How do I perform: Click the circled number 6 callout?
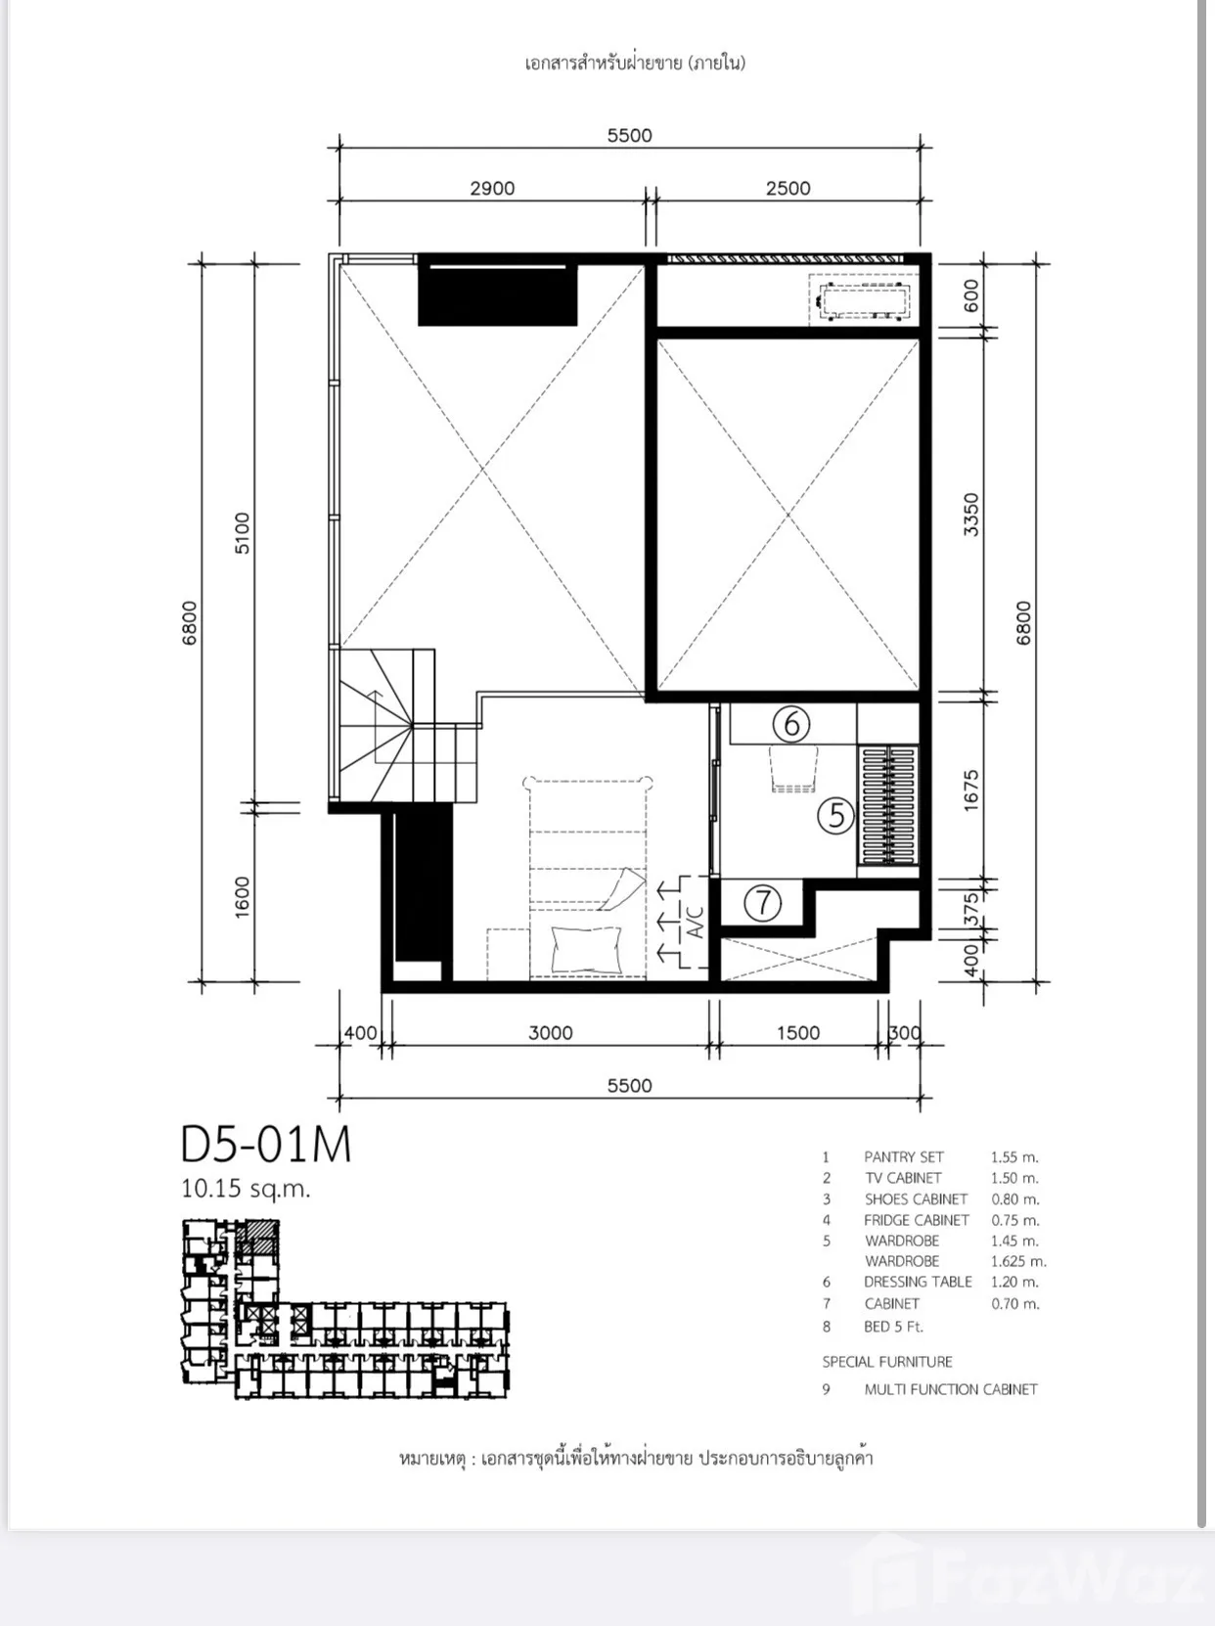pos(790,724)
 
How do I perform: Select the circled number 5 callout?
pos(835,816)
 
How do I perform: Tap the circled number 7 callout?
pos(763,903)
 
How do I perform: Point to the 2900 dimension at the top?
pos(492,188)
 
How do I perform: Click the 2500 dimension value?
pos(787,188)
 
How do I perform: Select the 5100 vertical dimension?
pos(242,533)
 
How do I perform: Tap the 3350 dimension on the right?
pos(970,515)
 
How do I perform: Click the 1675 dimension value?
pos(970,790)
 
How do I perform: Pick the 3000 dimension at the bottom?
pos(550,1033)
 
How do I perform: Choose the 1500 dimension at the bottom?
pos(797,1033)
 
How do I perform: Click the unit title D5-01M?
pos(266,1145)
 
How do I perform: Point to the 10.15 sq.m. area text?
pos(246,1189)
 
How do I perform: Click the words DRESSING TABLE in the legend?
pos(918,1283)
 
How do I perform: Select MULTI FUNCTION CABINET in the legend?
pos(951,1389)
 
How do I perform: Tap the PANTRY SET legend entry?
pos(903,1157)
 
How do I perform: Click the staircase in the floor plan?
pos(406,726)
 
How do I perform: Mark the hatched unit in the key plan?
pos(260,1237)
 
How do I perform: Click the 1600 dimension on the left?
pos(242,898)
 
